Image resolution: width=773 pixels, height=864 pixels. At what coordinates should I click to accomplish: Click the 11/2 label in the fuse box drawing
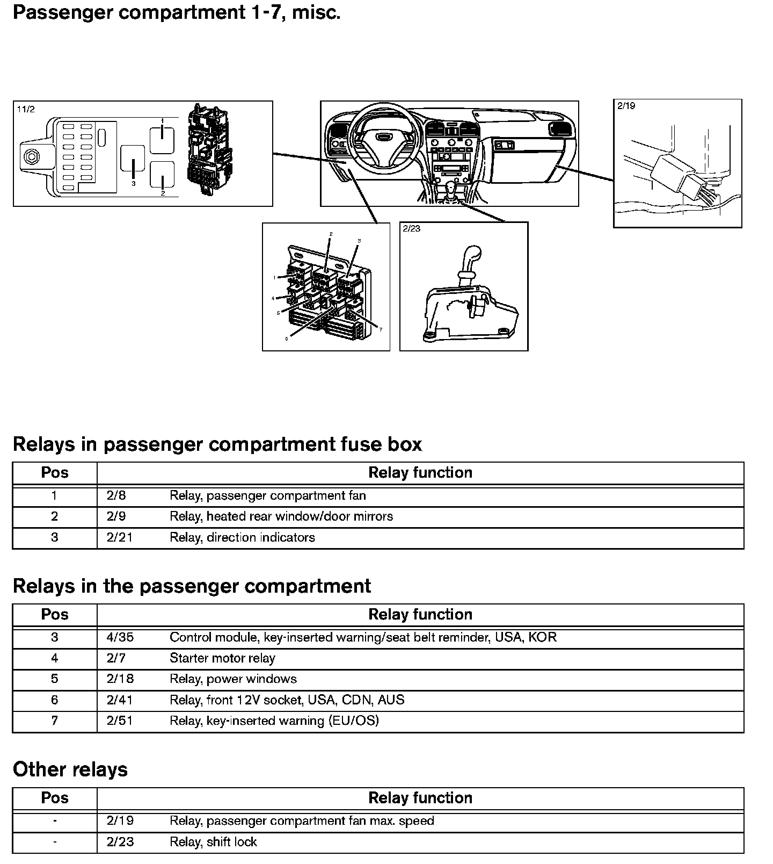(26, 110)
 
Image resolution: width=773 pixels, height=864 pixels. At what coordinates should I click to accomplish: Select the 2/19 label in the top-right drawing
(626, 106)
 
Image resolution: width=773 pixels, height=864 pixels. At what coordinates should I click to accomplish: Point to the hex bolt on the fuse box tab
(32, 157)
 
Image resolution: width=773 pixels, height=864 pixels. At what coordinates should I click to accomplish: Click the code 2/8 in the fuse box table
(116, 495)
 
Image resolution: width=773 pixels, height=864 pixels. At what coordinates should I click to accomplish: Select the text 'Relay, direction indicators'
(242, 537)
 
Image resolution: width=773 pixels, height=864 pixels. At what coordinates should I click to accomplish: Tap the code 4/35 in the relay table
(120, 637)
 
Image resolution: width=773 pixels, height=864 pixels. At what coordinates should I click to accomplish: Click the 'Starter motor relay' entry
(222, 658)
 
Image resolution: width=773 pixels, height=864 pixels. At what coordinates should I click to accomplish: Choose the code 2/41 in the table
(120, 700)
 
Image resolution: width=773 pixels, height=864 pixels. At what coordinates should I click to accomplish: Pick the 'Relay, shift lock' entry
(213, 842)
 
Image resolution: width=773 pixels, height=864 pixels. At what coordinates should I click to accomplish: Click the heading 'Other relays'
(70, 769)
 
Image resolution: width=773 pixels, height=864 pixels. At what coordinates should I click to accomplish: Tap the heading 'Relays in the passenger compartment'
(192, 586)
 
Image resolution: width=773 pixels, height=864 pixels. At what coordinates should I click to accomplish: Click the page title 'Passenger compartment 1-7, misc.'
(177, 12)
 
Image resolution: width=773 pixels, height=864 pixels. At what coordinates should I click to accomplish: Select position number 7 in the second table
(54, 721)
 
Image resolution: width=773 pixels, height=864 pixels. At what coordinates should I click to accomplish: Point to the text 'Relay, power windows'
(233, 679)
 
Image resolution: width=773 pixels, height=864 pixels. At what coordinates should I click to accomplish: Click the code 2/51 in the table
(120, 721)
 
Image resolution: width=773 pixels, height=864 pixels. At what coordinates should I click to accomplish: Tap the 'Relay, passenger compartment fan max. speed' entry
(302, 821)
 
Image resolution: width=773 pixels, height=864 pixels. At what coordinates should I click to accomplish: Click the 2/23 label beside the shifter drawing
(412, 229)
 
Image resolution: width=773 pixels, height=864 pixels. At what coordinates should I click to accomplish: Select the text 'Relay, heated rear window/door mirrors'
(281, 516)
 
